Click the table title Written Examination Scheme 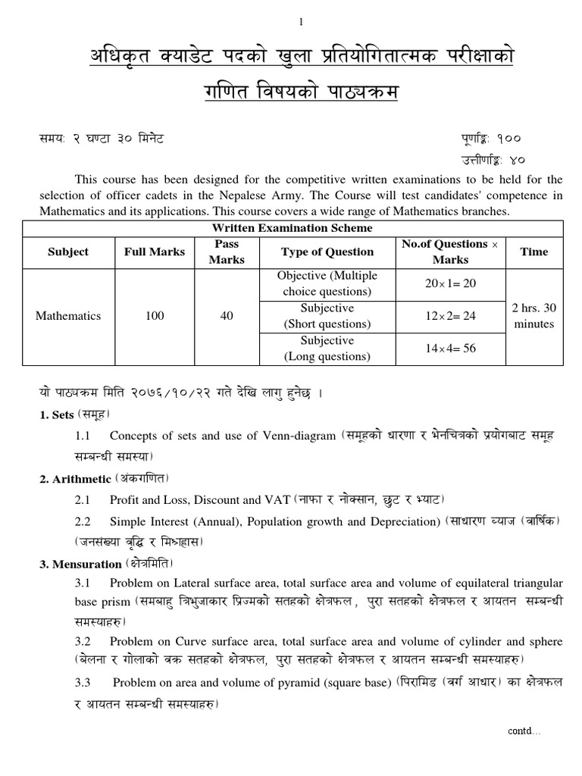click(293, 228)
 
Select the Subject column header click(68, 252)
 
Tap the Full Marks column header click(155, 252)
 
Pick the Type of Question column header click(327, 252)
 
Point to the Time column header click(533, 252)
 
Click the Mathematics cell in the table click(68, 316)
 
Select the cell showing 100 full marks click(155, 316)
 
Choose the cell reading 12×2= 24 click(451, 316)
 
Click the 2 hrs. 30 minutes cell click(533, 316)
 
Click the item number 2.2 click(83, 522)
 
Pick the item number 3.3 click(83, 683)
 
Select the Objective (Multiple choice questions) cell click(327, 283)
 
